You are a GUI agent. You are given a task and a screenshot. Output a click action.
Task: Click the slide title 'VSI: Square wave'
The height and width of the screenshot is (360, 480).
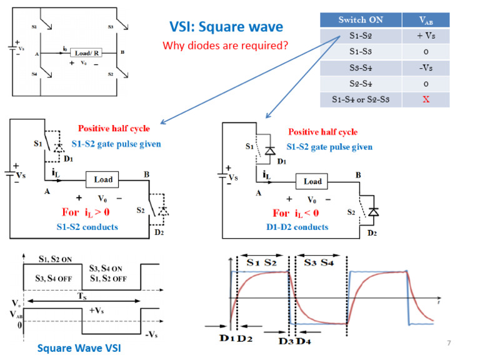pos(226,27)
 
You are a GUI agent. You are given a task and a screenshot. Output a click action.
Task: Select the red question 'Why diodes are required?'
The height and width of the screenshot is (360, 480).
pos(225,46)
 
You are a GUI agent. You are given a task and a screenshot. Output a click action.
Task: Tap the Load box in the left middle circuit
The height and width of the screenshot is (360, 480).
pos(103,179)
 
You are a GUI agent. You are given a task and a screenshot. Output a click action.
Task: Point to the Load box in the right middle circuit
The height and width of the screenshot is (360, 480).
pos(312,182)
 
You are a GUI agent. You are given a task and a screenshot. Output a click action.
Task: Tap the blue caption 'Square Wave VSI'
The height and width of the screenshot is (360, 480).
pos(75,348)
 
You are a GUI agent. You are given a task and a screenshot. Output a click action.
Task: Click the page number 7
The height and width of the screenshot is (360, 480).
pos(448,343)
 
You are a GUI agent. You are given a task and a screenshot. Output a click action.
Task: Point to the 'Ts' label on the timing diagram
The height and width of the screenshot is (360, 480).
pos(81,299)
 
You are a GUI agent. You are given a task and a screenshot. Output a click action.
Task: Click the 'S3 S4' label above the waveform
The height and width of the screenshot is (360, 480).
pos(319,262)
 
